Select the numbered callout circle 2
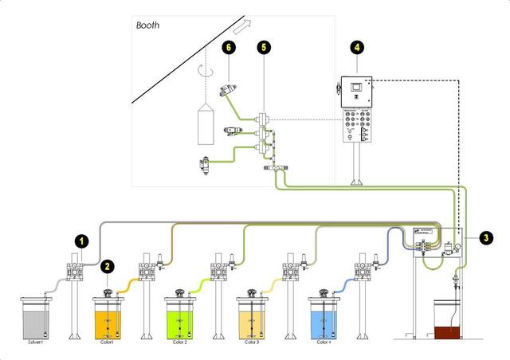[107, 267]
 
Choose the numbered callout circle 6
[229, 49]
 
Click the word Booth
[147, 25]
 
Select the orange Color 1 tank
[109, 320]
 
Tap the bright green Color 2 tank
[181, 320]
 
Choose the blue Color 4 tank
[325, 320]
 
